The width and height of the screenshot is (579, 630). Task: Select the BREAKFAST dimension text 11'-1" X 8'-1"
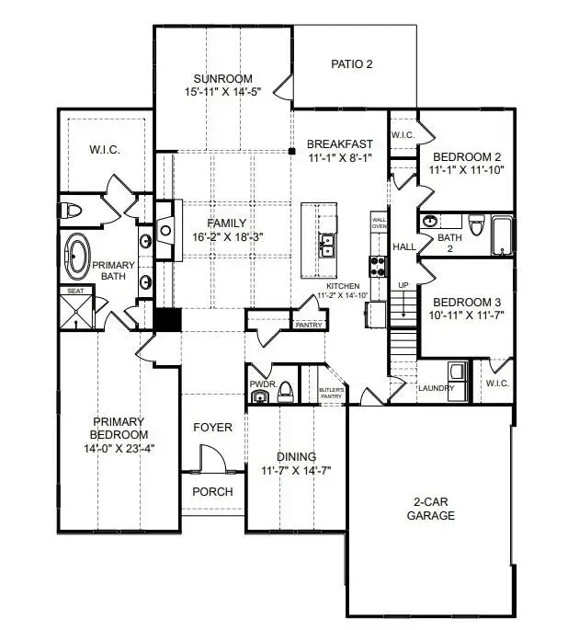click(x=339, y=158)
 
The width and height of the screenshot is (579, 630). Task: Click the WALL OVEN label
click(x=379, y=223)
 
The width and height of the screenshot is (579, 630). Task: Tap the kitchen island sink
click(x=326, y=245)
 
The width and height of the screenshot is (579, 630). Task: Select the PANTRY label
click(x=306, y=325)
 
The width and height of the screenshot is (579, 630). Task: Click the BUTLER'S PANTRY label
click(x=332, y=395)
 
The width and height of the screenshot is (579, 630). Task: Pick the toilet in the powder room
click(x=285, y=393)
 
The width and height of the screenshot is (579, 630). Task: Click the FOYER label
click(x=212, y=428)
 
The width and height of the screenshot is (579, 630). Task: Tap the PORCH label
click(x=212, y=491)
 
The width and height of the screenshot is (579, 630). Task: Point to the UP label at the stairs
click(x=402, y=286)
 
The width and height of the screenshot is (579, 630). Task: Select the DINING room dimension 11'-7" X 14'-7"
click(x=296, y=470)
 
